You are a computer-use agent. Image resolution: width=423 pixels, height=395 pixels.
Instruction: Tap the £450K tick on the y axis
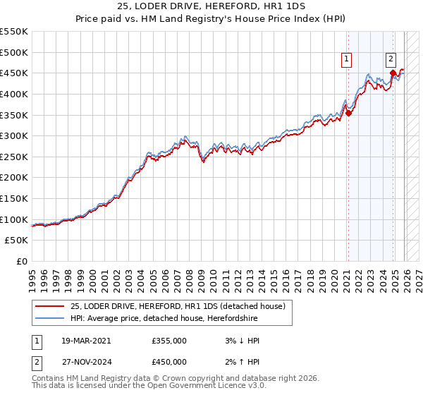14,73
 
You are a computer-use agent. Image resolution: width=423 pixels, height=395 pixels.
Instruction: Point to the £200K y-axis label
14,178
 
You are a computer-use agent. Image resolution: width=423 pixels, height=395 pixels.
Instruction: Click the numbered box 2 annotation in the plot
391,60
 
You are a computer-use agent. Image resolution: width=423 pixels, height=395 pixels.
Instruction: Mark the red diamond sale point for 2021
348,112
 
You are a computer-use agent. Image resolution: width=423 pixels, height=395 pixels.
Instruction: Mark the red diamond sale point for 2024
393,73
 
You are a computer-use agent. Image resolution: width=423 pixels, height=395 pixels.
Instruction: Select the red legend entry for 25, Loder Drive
177,306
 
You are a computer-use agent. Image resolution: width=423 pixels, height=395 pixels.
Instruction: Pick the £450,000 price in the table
169,362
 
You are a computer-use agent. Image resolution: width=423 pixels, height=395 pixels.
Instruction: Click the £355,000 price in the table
169,341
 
